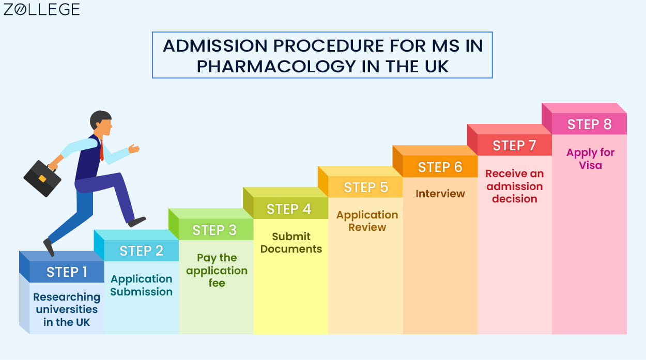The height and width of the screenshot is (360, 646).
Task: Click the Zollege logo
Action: [x=41, y=9]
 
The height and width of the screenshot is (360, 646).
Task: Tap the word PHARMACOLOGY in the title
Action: [x=276, y=66]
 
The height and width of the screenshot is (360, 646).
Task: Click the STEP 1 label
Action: [x=67, y=272]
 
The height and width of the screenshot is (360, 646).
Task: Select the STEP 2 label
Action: [x=141, y=251]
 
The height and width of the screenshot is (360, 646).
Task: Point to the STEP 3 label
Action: [x=214, y=230]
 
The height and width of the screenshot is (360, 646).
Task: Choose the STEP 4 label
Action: [x=289, y=209]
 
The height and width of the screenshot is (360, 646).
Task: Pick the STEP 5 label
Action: [x=366, y=187]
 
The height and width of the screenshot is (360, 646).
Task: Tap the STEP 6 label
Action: [x=440, y=167]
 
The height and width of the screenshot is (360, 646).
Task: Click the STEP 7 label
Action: [x=514, y=145]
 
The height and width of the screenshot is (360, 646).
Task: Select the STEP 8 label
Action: [x=590, y=124]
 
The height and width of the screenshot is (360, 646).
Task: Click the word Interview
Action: [x=440, y=193]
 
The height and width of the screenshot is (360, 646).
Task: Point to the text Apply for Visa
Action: [x=590, y=159]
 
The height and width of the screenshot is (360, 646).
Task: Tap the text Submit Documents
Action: [x=291, y=242]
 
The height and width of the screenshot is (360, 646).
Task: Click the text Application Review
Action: [x=367, y=221]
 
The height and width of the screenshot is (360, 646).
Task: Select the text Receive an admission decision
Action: [x=515, y=186]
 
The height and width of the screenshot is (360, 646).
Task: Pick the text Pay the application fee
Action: [x=217, y=270]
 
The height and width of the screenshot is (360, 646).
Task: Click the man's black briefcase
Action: [x=42, y=178]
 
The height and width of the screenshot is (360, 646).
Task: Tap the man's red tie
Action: [x=101, y=150]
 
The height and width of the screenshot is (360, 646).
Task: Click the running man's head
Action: [x=101, y=123]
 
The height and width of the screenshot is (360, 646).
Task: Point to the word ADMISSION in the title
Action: [x=215, y=45]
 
